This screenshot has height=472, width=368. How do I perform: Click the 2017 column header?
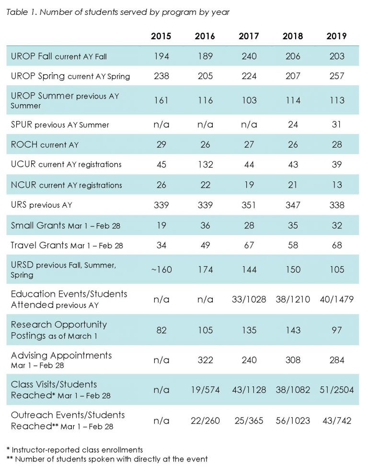coord(249,36)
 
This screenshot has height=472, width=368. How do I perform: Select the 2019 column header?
coord(336,36)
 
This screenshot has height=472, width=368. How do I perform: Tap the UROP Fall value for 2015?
coord(161,56)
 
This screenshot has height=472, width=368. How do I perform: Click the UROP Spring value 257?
coord(336,76)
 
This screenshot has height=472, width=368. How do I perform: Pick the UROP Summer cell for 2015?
coord(161,100)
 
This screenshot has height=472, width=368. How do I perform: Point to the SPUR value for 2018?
coord(293,124)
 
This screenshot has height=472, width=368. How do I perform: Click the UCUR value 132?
coord(205,164)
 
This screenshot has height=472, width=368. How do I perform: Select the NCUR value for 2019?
coord(337,184)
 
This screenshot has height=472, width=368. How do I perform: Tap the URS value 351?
coord(249,205)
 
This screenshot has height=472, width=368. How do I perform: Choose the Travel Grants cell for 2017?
coord(249,245)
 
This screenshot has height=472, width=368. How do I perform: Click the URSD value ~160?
coord(161,270)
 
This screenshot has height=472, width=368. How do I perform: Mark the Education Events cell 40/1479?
coord(336,300)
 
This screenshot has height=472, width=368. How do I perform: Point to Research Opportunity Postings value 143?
coord(293,330)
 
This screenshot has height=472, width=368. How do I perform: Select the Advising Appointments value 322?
coord(205,360)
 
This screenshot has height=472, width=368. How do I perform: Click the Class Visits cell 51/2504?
coord(336,390)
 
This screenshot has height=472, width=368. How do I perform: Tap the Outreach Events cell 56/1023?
coord(293,420)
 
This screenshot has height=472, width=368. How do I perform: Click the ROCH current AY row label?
coord(45,145)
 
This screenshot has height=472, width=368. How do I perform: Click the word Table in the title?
coord(14,12)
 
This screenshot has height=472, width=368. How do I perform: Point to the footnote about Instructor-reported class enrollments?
coord(74,450)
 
